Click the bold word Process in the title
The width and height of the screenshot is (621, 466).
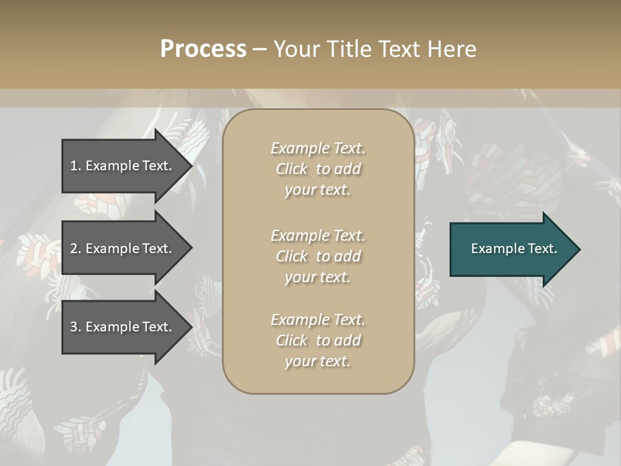[203, 49]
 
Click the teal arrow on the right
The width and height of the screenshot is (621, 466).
[511, 249]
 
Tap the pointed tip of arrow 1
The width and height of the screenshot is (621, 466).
[190, 166]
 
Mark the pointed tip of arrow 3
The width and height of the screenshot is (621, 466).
[190, 327]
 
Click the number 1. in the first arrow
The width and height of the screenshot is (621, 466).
[76, 166]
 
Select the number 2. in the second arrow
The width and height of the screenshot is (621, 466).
[76, 249]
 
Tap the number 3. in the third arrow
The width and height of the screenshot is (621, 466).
[76, 327]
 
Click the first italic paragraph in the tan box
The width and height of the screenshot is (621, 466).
[318, 169]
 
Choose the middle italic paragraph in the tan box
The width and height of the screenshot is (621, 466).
[318, 256]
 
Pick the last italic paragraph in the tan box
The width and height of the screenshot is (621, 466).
[318, 340]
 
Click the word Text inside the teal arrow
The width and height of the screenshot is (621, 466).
[541, 249]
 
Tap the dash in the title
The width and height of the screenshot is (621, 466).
[260, 49]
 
